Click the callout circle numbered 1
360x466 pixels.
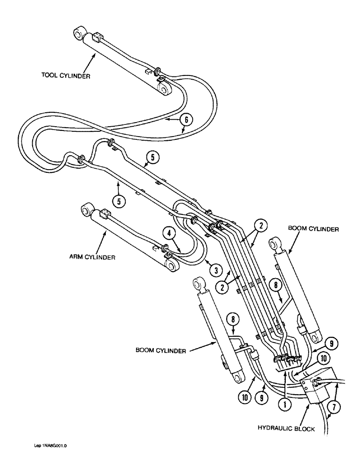283,404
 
